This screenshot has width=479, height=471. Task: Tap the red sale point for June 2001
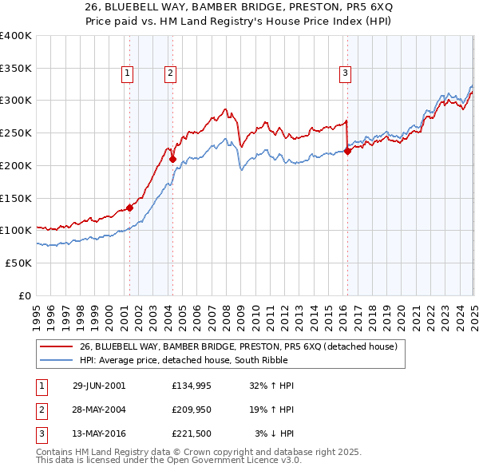click(129, 208)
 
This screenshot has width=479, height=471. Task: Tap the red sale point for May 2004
click(172, 159)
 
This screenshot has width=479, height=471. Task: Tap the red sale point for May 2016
click(347, 151)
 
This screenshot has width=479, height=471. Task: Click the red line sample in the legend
click(57, 347)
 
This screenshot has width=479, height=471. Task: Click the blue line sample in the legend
click(57, 360)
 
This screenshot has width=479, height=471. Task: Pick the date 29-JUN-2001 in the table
click(99, 386)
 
